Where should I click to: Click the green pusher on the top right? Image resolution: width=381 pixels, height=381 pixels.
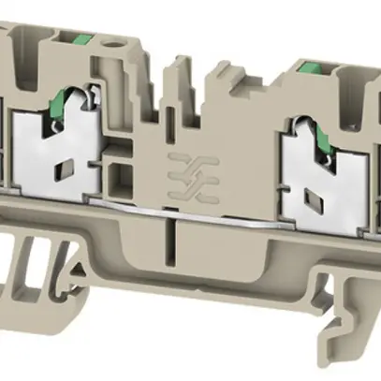pos(309,66)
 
